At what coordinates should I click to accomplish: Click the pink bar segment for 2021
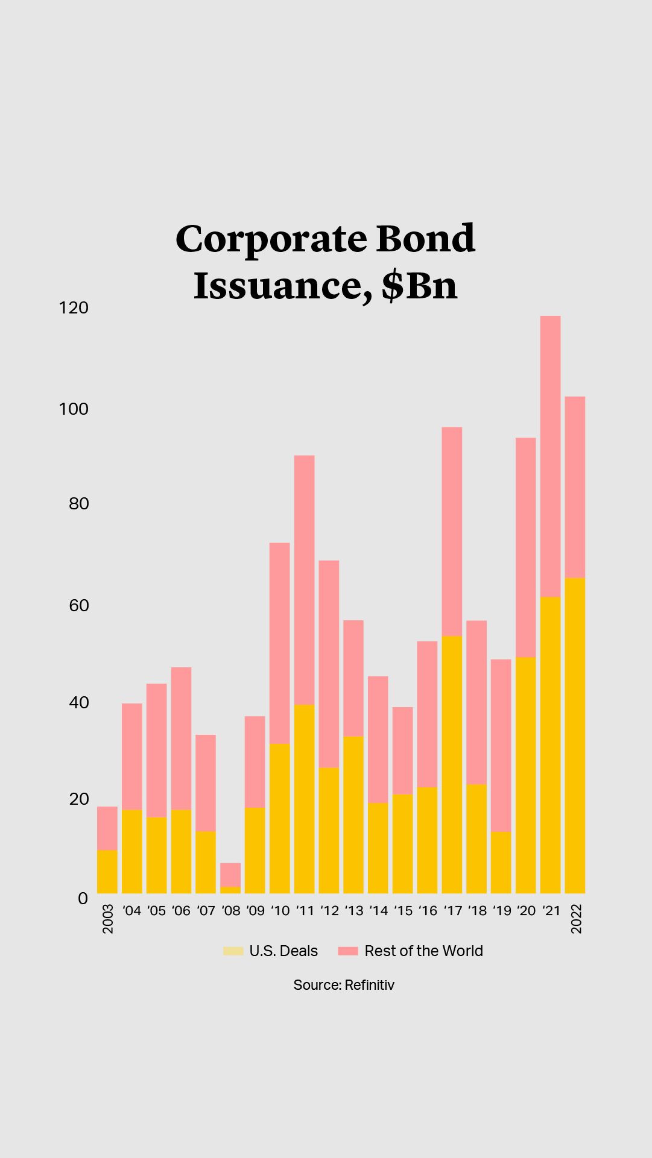tap(550, 456)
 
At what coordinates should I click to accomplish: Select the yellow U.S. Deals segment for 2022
tap(575, 735)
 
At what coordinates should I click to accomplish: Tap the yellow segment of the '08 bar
tap(230, 890)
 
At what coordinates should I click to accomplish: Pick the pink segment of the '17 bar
tap(452, 532)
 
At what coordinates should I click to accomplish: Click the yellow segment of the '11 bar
tap(304, 799)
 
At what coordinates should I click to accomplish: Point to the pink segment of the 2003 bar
tap(107, 828)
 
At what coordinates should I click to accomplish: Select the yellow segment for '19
tap(501, 863)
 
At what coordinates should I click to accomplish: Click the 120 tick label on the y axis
tap(74, 308)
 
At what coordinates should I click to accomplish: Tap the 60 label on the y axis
tap(79, 605)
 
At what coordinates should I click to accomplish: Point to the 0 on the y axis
tap(83, 898)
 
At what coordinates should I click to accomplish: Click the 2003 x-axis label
tap(108, 919)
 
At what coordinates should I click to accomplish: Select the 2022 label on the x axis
tap(577, 919)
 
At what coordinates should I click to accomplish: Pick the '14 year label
tap(378, 911)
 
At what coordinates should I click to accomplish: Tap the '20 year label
tap(526, 911)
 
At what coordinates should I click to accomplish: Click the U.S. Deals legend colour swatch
tap(233, 951)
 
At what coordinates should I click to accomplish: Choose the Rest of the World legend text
tap(423, 951)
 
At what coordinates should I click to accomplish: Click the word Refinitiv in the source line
tap(369, 985)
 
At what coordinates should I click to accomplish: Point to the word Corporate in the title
tap(271, 239)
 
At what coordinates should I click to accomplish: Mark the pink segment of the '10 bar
tap(279, 643)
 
